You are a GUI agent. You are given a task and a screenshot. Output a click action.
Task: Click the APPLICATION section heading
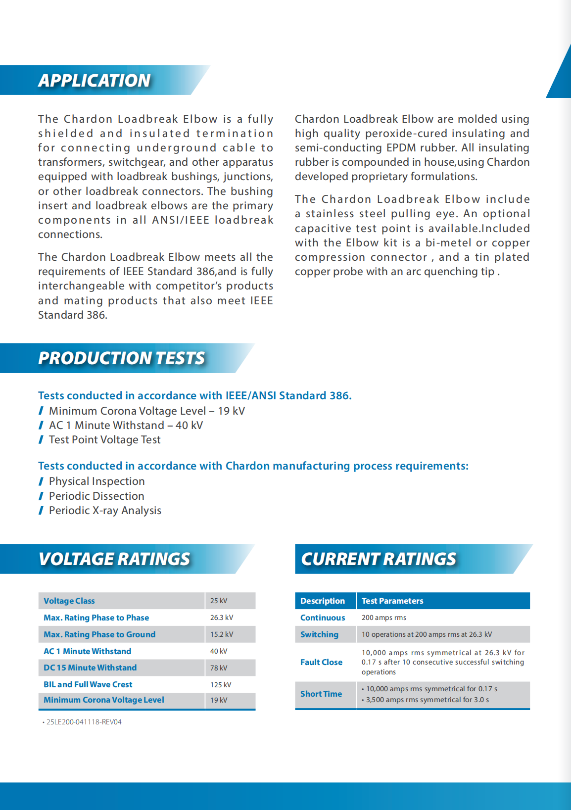pos(95,81)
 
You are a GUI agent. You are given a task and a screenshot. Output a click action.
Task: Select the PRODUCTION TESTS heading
pos(121,358)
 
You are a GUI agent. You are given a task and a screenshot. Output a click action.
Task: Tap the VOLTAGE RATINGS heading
pos(114,559)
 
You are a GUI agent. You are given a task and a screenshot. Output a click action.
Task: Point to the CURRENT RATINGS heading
pos(379,559)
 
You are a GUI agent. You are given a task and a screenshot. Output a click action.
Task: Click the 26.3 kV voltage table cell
pos(221,618)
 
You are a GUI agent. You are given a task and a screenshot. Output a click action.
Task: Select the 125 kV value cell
pos(220,685)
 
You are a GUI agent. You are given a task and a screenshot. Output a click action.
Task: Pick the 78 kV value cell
pos(219,668)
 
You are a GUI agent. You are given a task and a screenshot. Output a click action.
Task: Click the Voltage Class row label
pos(69,601)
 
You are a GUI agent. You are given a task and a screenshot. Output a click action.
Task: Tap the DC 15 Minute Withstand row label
pos(90,668)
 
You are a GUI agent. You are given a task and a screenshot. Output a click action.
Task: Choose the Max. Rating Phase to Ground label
pos(99,634)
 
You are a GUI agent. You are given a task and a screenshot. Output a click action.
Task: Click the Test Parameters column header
pos(392,601)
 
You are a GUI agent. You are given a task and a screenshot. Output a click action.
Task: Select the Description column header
pos(323,601)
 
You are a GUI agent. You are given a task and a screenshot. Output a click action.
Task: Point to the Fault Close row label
pos(321,662)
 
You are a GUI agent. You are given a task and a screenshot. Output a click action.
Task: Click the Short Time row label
pos(321,694)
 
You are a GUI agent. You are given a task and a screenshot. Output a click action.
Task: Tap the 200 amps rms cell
pos(384,618)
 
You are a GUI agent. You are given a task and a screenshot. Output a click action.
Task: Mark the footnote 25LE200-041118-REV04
pos(84,722)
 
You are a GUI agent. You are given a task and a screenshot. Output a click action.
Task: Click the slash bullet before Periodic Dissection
pos(41,496)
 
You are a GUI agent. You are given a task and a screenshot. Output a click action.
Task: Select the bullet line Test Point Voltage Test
pos(104,440)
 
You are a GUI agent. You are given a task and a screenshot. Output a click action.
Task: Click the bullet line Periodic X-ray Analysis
pos(105,511)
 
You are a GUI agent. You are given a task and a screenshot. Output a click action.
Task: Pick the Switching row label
pos(319,634)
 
